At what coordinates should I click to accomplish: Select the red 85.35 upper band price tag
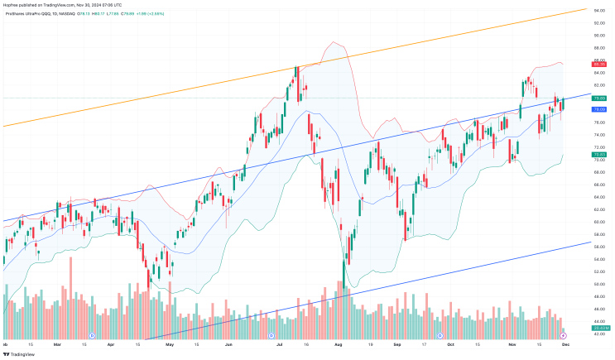pos(601,64)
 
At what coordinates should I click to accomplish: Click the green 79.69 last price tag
pos(601,98)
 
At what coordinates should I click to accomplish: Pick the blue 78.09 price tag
pos(601,109)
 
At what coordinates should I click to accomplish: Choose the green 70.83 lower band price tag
pos(601,154)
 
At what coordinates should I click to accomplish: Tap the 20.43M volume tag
pos(601,329)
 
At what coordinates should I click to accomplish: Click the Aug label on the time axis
pos(337,343)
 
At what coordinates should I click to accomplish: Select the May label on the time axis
pos(169,343)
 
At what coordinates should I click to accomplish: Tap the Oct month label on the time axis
pos(450,343)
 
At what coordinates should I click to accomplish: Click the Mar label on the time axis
pos(56,343)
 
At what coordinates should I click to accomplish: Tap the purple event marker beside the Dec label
pos(565,335)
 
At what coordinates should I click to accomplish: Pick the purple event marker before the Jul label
pos(271,335)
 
